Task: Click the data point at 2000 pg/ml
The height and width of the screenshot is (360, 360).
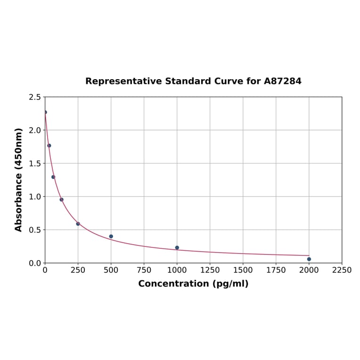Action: (x=309, y=259)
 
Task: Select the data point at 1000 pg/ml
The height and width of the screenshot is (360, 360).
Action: (x=177, y=247)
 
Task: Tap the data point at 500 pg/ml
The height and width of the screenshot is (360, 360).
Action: (x=111, y=237)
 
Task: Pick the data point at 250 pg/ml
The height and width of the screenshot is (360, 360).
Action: (x=78, y=224)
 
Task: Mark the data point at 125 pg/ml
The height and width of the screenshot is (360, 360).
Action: (x=62, y=200)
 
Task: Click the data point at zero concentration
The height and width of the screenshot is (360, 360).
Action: (x=45, y=112)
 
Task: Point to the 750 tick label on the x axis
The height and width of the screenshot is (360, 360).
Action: (x=144, y=270)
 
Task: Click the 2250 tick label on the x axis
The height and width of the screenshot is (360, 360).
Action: (x=342, y=270)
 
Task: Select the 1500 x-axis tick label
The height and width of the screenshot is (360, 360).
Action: (x=243, y=270)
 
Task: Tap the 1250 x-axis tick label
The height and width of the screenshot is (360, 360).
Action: (x=210, y=270)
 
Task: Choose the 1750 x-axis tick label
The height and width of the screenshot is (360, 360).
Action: (x=276, y=270)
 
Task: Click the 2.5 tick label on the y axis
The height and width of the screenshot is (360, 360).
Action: (x=35, y=97)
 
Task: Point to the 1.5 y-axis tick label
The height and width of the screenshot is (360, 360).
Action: (x=35, y=164)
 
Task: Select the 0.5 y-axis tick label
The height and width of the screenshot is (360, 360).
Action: (x=35, y=230)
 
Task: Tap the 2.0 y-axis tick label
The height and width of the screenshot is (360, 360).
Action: (x=35, y=130)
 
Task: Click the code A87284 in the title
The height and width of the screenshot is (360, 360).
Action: (x=283, y=81)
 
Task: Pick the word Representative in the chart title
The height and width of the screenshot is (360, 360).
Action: (x=123, y=81)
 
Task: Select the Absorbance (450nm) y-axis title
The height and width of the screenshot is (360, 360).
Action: (x=19, y=180)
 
